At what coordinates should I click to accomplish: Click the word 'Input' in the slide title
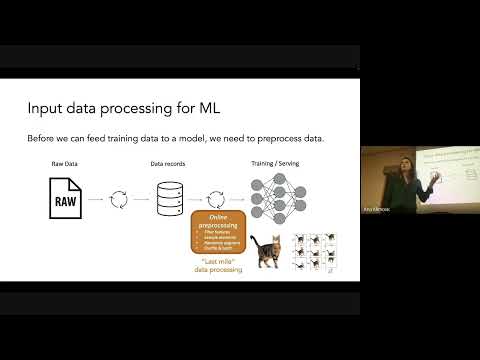[45, 108]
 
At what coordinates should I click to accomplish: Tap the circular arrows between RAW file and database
[118, 197]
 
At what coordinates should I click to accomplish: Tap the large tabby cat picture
[266, 252]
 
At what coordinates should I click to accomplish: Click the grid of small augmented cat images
[313, 254]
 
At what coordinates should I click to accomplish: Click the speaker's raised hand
[436, 178]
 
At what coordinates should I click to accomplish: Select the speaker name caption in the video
[376, 211]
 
